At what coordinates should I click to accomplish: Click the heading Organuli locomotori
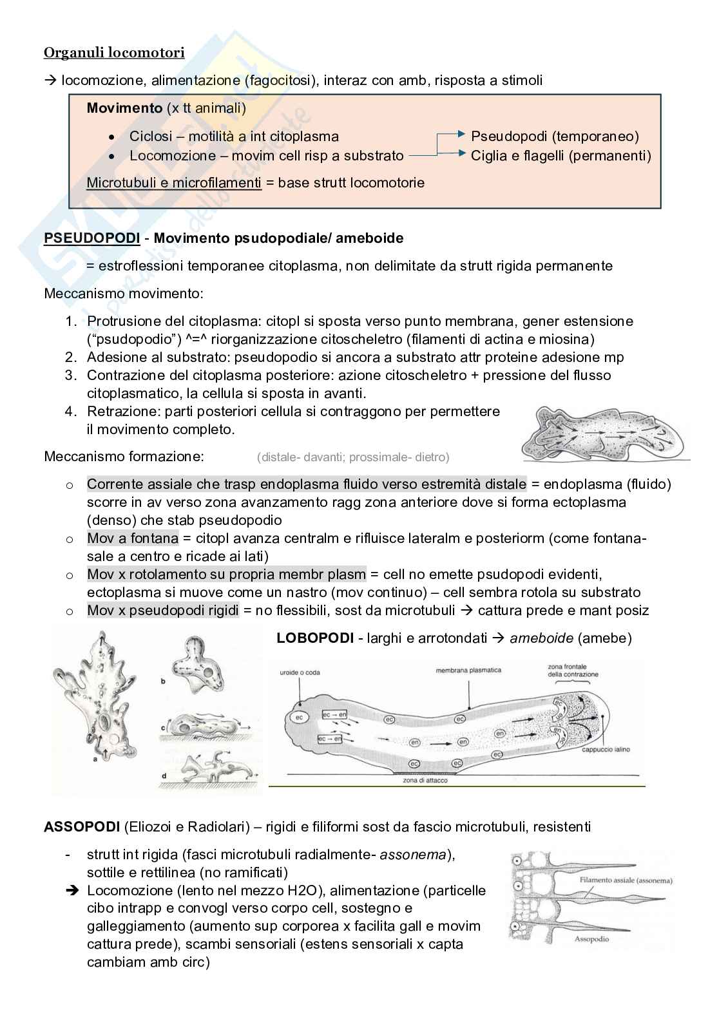pyautogui.click(x=114, y=53)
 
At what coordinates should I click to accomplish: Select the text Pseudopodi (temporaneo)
pyautogui.click(x=555, y=137)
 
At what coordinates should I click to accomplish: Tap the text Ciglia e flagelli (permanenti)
pyautogui.click(x=561, y=156)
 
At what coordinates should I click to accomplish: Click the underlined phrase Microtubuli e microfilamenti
pyautogui.click(x=174, y=183)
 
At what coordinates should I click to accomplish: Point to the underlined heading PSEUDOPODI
pyautogui.click(x=91, y=238)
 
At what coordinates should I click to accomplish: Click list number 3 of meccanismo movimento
pyautogui.click(x=71, y=375)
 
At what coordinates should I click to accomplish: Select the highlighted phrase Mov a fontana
pyautogui.click(x=132, y=538)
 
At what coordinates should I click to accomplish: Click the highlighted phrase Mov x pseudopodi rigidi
pyautogui.click(x=162, y=611)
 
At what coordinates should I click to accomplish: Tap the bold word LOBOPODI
pyautogui.click(x=314, y=638)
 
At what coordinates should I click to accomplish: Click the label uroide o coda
pyautogui.click(x=300, y=672)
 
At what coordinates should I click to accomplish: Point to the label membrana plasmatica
pyautogui.click(x=468, y=670)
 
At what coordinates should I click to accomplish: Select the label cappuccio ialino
pyautogui.click(x=606, y=749)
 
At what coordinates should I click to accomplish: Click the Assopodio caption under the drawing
pyautogui.click(x=591, y=938)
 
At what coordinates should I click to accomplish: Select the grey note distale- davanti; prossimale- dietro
pyautogui.click(x=352, y=457)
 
